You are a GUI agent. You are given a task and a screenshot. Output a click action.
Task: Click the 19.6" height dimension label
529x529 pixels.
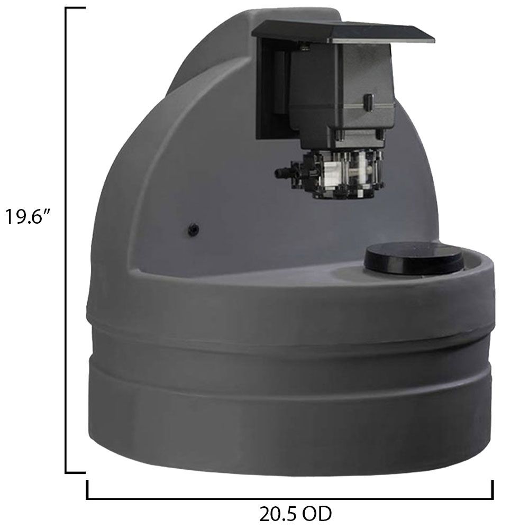(28, 216)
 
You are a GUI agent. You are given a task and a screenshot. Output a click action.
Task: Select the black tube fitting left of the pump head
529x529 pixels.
(285, 172)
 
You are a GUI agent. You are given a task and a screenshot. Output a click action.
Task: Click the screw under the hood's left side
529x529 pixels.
(304, 48)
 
